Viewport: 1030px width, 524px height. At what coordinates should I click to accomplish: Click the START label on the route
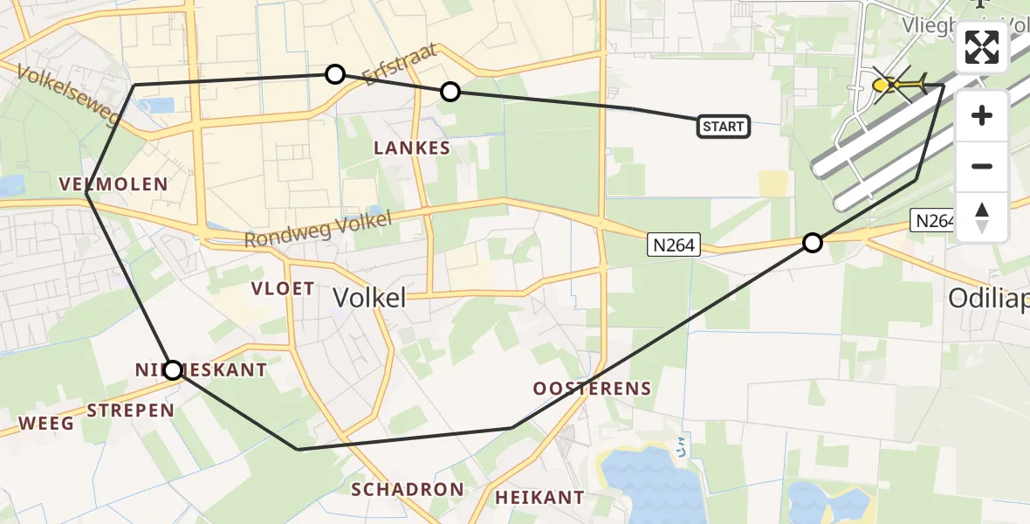click(x=724, y=127)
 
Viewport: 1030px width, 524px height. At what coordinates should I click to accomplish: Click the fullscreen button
click(x=982, y=47)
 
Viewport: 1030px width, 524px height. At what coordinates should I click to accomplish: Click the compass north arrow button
click(x=982, y=217)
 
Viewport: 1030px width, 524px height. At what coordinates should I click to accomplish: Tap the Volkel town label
click(x=369, y=298)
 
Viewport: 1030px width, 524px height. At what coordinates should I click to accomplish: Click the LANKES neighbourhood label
click(x=412, y=148)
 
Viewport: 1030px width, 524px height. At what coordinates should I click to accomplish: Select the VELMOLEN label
click(x=113, y=183)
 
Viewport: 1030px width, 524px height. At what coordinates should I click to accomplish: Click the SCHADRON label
click(x=408, y=489)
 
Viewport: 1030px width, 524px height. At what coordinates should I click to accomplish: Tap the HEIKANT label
click(x=539, y=498)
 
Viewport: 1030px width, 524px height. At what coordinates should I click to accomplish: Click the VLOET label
click(x=283, y=289)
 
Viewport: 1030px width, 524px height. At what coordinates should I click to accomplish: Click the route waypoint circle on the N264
click(x=813, y=243)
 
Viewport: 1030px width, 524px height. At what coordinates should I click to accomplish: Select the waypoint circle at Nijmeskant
click(x=173, y=370)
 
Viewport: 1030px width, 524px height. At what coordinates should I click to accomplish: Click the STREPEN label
click(x=131, y=410)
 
